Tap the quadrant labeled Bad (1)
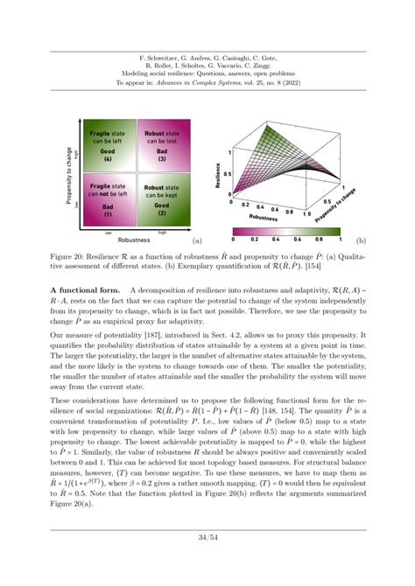tap(105, 199)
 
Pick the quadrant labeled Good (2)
tap(163, 199)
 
